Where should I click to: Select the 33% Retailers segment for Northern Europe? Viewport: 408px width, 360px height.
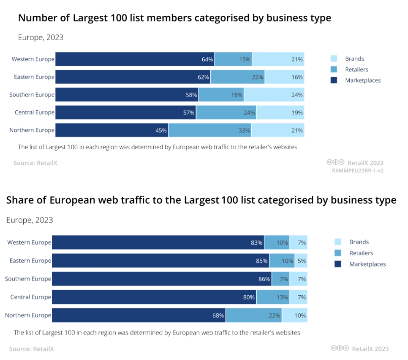coord(210,130)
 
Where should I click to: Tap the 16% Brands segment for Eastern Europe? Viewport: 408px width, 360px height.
coord(285,77)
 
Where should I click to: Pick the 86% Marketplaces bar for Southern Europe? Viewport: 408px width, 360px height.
coord(162,279)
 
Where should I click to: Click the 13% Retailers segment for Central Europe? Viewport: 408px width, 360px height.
coord(273,297)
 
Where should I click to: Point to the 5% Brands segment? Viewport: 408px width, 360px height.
coord(301,261)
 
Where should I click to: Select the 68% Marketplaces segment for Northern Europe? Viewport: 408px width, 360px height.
coord(139,316)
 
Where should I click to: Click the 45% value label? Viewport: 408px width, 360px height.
coord(161,130)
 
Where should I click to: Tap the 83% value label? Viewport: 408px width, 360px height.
coord(257,242)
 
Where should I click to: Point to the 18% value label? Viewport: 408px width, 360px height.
coord(237,95)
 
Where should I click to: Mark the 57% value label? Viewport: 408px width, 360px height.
coord(188,113)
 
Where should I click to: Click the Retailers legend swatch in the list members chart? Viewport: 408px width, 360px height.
coord(334,69)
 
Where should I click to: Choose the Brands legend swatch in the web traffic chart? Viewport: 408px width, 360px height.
coord(338,242)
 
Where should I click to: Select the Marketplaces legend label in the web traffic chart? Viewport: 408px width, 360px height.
coord(367,264)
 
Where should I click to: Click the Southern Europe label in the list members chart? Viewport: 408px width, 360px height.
coord(32,95)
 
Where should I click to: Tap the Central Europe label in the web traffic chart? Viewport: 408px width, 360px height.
coord(31,297)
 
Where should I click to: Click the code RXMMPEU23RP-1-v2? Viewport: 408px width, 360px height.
coord(357,170)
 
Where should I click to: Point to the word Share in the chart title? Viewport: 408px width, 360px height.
coord(21,200)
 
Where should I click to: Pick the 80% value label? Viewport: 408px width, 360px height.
coord(249,297)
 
